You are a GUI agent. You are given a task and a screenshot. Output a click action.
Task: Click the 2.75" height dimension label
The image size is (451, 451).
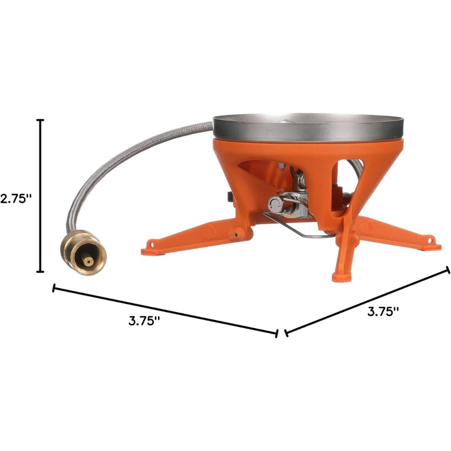16,198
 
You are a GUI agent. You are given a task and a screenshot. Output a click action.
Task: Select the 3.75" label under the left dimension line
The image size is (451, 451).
144,321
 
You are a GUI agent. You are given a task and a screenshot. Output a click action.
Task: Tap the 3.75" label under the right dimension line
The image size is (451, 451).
383,312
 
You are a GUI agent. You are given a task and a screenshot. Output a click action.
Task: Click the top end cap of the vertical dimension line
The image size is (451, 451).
41,120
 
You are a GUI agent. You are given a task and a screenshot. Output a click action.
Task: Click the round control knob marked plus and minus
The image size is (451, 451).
275,205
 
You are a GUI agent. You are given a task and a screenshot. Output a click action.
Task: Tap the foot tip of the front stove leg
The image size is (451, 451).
341,277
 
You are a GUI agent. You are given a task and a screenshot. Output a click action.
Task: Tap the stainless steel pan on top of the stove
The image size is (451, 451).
308,127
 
